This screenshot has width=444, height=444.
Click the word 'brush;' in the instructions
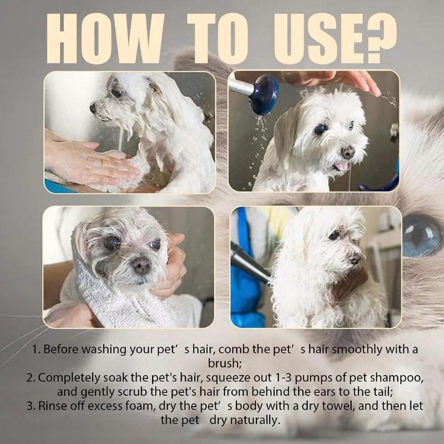click(x=221, y=364)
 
